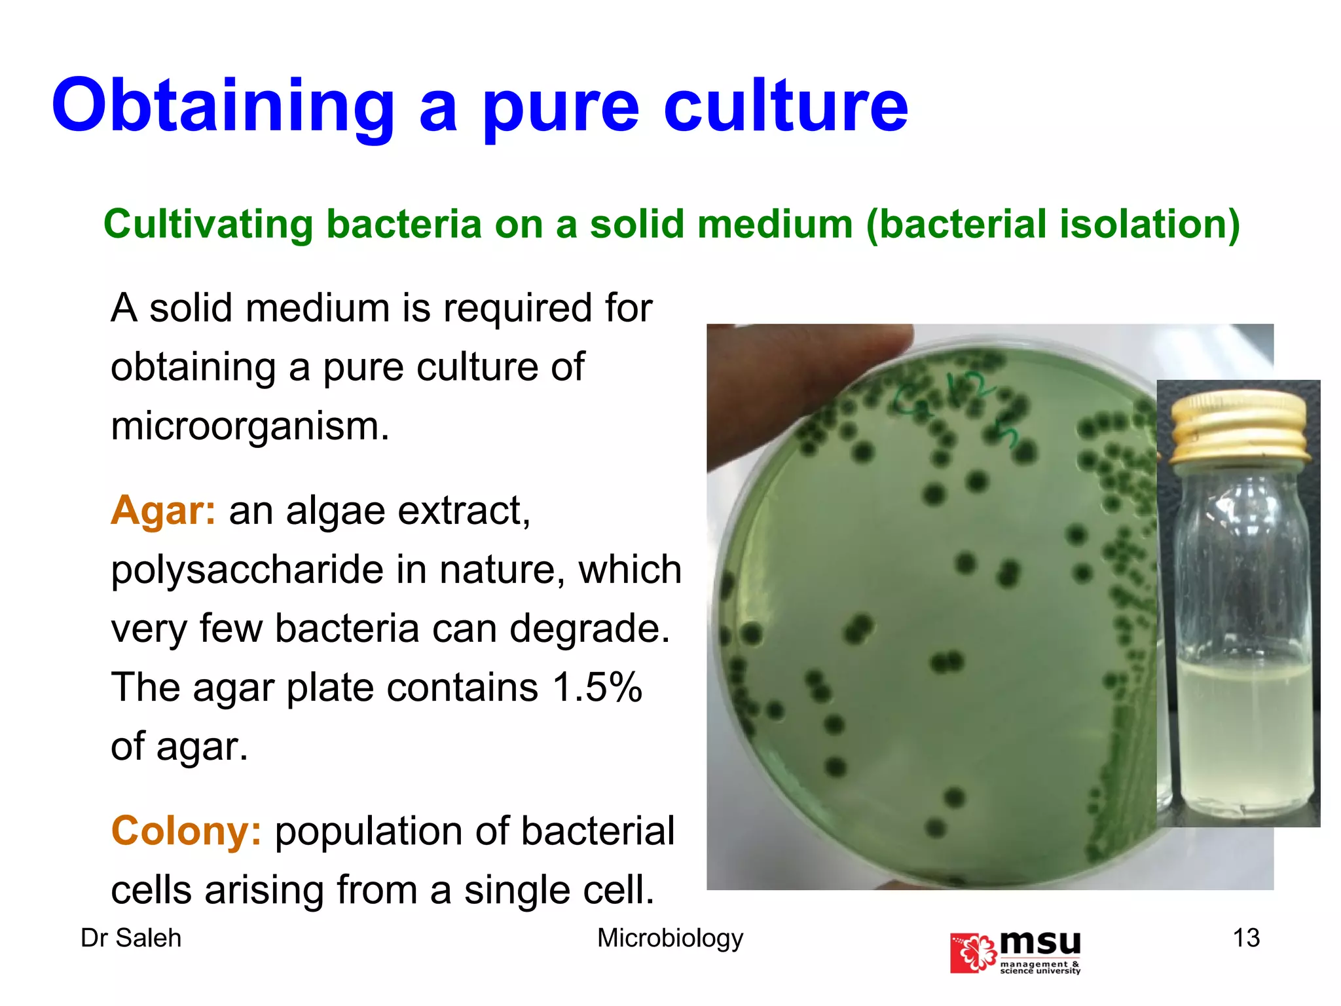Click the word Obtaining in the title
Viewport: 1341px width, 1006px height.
[223, 107]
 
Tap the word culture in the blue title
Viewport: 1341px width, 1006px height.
[786, 107]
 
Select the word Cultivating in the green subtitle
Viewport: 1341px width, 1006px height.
[208, 224]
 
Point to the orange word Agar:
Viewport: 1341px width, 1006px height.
[163, 510]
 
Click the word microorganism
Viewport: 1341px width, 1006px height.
[249, 426]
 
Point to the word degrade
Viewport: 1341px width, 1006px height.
[589, 629]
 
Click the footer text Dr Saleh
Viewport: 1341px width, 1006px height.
[131, 938]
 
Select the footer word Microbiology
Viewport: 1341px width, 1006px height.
[670, 938]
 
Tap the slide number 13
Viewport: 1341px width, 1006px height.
[1246, 938]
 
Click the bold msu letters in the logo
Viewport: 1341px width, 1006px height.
[1040, 944]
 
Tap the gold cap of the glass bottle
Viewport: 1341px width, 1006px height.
[1240, 426]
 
